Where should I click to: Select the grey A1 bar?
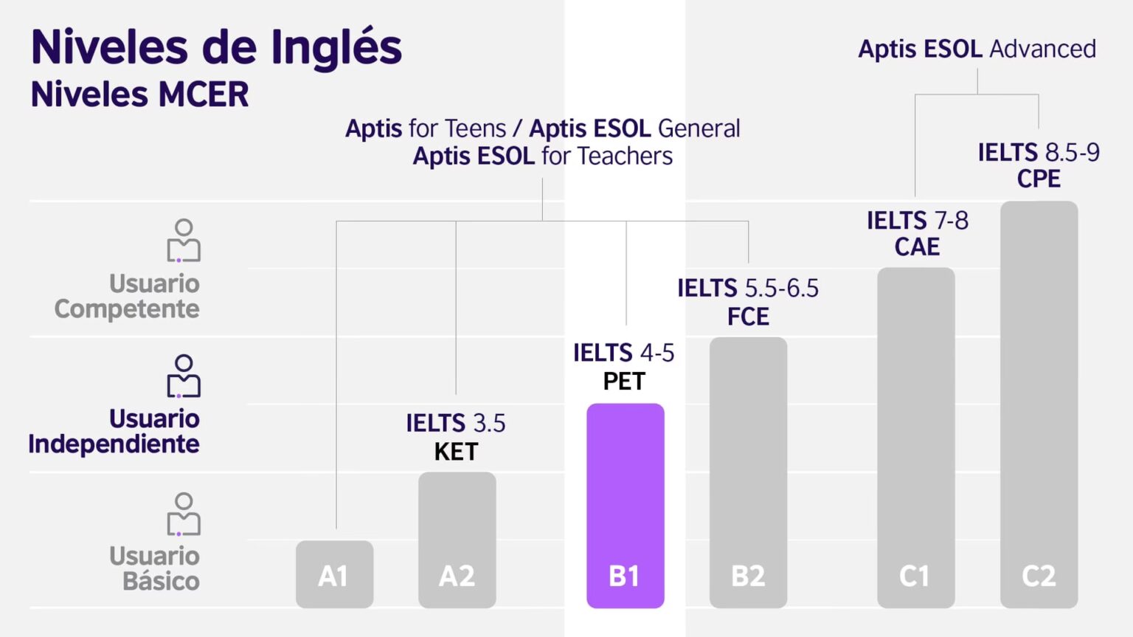point(334,574)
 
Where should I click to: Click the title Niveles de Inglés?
point(216,47)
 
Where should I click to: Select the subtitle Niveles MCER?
point(139,94)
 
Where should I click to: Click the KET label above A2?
point(456,452)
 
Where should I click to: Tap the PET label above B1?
point(624,382)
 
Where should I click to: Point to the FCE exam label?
point(748,317)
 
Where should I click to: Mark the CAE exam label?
point(917,247)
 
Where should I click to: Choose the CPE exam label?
point(1039,179)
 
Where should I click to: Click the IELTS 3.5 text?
point(456,423)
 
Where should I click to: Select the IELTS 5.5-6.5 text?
point(748,288)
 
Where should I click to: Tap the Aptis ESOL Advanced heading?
point(977,49)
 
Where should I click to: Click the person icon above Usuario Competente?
point(184,241)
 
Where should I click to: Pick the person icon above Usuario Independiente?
point(184,376)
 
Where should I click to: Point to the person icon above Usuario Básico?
point(184,514)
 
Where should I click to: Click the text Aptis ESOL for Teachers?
point(542,156)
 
